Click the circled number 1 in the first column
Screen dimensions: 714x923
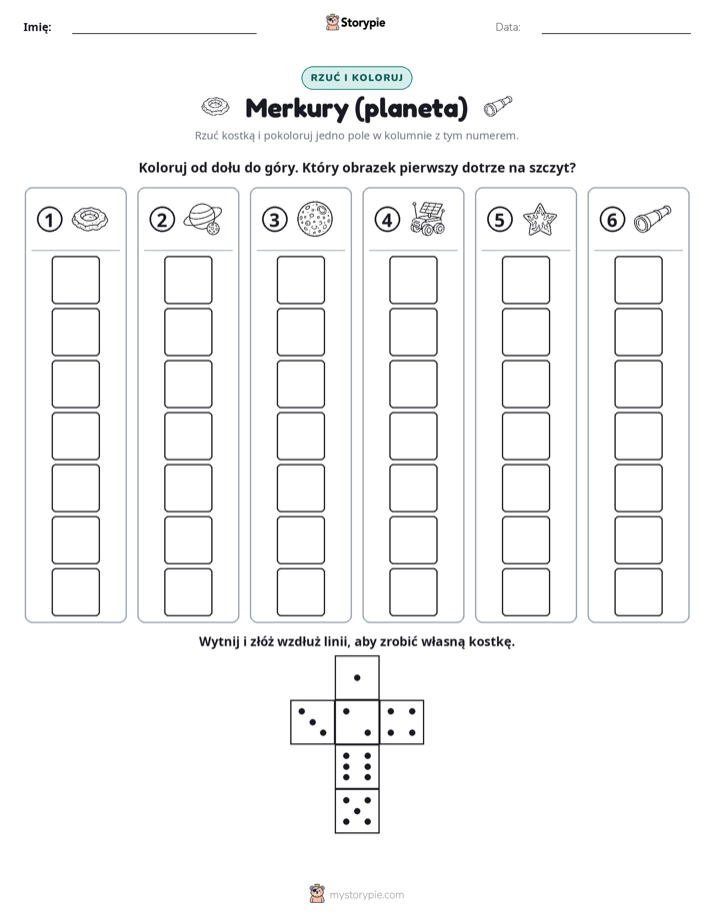click(x=49, y=220)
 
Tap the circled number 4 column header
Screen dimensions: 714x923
click(x=387, y=220)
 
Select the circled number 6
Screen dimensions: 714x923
click(x=612, y=220)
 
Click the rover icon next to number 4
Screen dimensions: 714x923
click(x=428, y=219)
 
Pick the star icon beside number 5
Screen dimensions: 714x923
click(x=540, y=220)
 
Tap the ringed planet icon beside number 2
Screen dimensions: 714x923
click(x=203, y=220)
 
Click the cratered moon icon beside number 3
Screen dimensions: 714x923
click(x=315, y=220)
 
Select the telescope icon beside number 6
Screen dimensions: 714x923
click(x=653, y=219)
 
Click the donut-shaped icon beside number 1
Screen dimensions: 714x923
click(x=90, y=219)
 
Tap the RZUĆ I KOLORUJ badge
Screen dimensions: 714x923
click(x=357, y=78)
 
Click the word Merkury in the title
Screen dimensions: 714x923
click(x=296, y=109)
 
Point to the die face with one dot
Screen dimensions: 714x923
click(x=357, y=677)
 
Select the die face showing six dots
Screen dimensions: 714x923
click(x=357, y=766)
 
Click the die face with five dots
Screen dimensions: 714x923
click(x=357, y=810)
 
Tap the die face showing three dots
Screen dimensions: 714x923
click(x=313, y=722)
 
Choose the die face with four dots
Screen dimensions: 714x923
click(x=402, y=722)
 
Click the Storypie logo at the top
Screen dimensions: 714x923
click(x=355, y=23)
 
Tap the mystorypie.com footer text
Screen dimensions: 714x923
click(x=366, y=895)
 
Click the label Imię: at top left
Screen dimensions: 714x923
click(x=37, y=27)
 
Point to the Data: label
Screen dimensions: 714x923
click(x=508, y=27)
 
